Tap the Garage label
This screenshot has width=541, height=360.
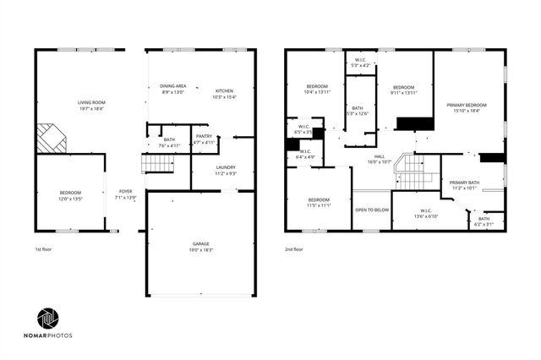click(x=200, y=243)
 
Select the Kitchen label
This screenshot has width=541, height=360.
click(x=224, y=90)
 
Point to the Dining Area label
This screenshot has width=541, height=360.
click(x=172, y=86)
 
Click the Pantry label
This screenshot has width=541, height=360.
click(x=204, y=136)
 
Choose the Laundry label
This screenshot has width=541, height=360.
click(x=225, y=167)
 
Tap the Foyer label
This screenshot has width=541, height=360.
click(x=125, y=192)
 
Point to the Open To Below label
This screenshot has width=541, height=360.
click(x=371, y=210)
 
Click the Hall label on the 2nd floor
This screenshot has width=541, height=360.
click(x=380, y=156)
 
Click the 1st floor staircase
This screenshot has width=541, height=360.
click(x=157, y=163)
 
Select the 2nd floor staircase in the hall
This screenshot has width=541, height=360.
click(x=412, y=173)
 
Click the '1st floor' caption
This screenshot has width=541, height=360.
click(x=44, y=250)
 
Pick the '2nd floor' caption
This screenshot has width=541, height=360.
click(x=295, y=250)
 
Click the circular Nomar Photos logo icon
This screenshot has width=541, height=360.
click(x=47, y=319)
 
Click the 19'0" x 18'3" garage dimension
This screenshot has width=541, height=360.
click(x=200, y=249)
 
